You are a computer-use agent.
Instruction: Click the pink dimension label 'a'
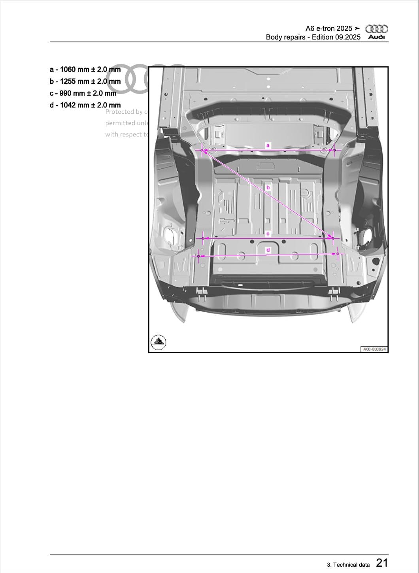click(x=268, y=145)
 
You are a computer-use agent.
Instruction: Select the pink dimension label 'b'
click(x=268, y=187)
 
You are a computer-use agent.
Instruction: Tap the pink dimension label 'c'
click(x=268, y=234)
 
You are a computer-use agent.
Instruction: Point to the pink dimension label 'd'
click(x=268, y=250)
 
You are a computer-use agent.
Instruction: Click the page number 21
click(x=381, y=563)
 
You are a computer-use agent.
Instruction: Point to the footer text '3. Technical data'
click(x=348, y=565)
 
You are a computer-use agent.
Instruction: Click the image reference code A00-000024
click(x=374, y=349)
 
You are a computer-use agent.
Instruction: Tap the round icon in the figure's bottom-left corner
click(x=159, y=342)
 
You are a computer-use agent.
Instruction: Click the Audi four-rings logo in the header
click(x=377, y=29)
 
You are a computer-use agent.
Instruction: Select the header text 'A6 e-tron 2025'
click(x=329, y=28)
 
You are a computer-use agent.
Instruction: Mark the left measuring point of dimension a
click(x=202, y=150)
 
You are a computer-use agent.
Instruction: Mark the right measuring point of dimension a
click(x=334, y=150)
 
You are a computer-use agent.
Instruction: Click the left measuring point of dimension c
click(x=203, y=238)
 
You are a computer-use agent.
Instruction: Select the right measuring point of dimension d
click(x=337, y=254)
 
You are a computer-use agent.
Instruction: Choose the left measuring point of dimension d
click(x=198, y=256)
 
